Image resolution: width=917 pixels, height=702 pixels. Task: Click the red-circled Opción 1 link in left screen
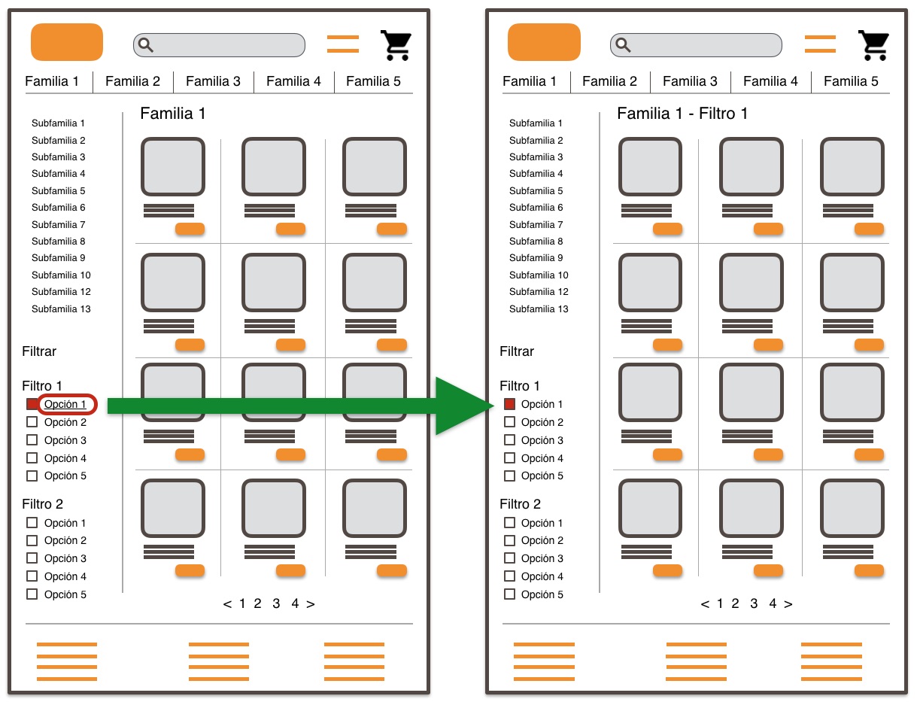(x=65, y=404)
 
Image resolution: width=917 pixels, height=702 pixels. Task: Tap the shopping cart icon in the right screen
(x=873, y=45)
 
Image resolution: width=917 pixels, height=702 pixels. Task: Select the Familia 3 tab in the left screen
(x=213, y=81)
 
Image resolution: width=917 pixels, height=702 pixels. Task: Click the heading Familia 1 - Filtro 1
(x=682, y=114)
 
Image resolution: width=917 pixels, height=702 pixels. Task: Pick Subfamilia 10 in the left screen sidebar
(x=61, y=275)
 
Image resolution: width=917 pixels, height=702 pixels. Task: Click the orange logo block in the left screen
(x=66, y=42)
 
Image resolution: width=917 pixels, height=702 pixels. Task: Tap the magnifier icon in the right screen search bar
(x=623, y=45)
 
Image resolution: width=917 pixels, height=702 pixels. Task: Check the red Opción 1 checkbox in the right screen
(x=509, y=404)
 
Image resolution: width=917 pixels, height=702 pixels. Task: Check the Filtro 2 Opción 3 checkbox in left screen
(x=32, y=558)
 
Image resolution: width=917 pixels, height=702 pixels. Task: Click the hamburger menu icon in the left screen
(x=342, y=44)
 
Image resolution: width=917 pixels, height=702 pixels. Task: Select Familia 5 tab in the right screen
(x=851, y=81)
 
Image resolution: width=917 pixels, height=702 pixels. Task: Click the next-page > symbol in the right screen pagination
(x=788, y=603)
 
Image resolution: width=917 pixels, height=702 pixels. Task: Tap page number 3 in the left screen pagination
(x=276, y=603)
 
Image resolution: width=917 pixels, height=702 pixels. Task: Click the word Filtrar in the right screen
(x=517, y=351)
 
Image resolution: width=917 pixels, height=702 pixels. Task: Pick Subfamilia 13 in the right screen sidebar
(x=539, y=308)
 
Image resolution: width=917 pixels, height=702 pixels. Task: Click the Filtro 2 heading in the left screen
(x=42, y=504)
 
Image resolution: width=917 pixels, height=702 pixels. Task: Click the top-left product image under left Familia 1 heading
(x=173, y=167)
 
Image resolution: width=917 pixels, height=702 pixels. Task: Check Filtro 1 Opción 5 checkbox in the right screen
(x=509, y=476)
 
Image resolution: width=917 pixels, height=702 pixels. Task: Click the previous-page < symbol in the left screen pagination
(x=227, y=603)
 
